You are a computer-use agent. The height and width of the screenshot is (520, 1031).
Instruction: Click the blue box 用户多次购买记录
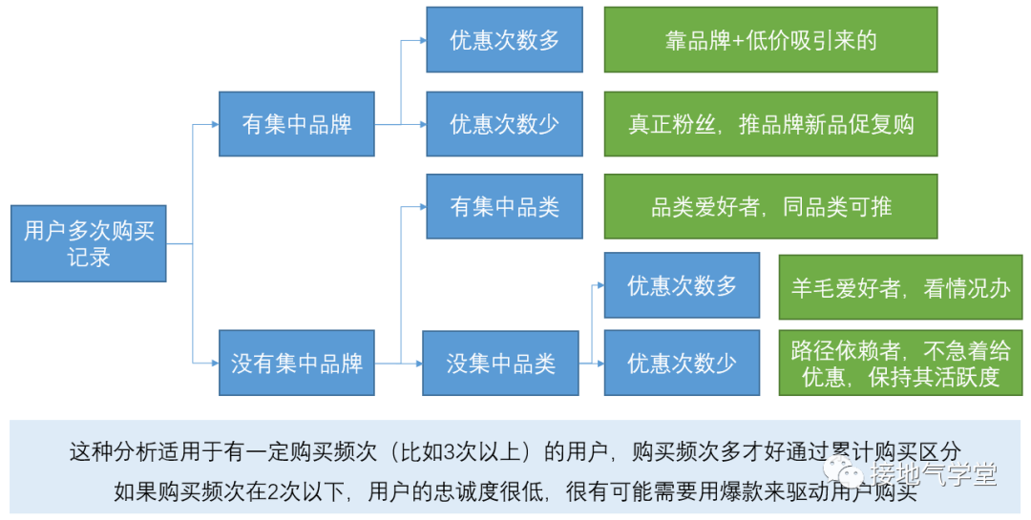[89, 243]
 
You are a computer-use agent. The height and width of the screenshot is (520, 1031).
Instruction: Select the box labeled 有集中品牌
[296, 124]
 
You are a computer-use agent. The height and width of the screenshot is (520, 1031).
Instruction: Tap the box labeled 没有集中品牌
[296, 363]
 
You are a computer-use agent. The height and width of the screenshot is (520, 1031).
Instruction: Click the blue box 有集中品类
[504, 206]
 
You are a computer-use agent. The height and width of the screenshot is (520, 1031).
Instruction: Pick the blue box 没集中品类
[500, 363]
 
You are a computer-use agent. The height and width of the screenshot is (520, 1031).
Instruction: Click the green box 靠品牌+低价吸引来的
[770, 40]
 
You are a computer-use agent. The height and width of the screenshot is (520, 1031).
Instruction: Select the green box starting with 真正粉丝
[770, 124]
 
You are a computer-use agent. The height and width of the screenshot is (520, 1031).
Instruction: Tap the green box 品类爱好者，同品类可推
[770, 206]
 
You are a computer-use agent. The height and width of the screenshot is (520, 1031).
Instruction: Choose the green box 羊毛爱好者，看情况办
[900, 286]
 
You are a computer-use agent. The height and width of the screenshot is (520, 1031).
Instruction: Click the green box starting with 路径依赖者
[900, 363]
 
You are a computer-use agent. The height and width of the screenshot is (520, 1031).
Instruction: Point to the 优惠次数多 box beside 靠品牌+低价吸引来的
[504, 40]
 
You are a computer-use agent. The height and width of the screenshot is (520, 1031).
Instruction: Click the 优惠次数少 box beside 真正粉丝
[504, 124]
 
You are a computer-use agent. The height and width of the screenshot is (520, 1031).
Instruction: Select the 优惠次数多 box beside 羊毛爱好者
[682, 285]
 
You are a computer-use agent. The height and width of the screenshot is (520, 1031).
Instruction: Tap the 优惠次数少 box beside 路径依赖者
[682, 363]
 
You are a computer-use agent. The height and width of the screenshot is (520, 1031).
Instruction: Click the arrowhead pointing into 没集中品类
[417, 363]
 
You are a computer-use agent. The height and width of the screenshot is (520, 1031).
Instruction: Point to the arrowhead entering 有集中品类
[421, 206]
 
